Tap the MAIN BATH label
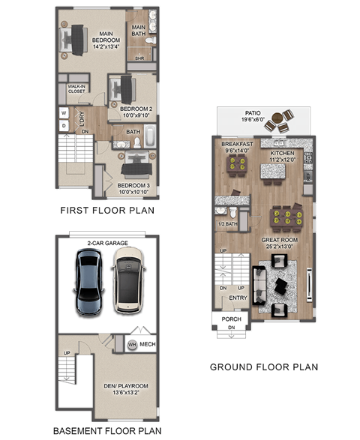tap(139, 30)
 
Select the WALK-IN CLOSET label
tap(76, 89)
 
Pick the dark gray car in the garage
tap(88, 281)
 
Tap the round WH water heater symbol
tap(132, 344)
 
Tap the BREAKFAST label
tap(237, 144)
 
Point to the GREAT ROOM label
tap(277, 241)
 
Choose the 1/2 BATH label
tap(227, 223)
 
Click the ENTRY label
tap(238, 298)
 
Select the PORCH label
tap(231, 319)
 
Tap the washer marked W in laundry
tap(63, 114)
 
